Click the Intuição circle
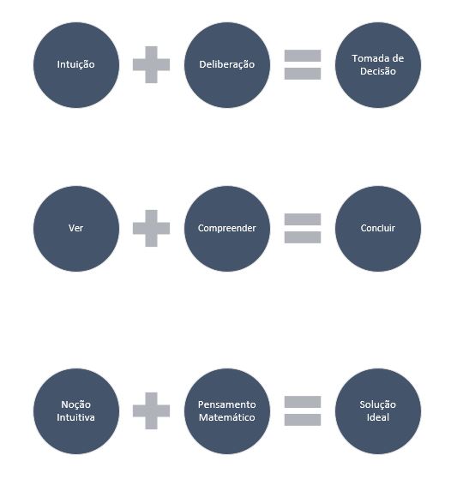click(76, 65)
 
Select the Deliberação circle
click(227, 65)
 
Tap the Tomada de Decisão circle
click(378, 65)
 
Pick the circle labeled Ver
click(76, 229)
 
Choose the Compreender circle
click(227, 229)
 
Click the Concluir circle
click(378, 229)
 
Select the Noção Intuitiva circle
click(76, 411)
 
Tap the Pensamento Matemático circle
click(227, 411)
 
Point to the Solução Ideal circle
click(378, 411)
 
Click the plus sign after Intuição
click(151, 65)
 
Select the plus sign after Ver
click(151, 228)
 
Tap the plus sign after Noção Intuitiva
click(151, 410)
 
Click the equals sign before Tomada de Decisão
click(303, 65)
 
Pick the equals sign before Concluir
click(303, 228)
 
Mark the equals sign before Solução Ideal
click(303, 410)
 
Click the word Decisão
click(378, 71)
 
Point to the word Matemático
click(227, 417)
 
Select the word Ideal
click(378, 417)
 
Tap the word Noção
click(76, 405)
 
